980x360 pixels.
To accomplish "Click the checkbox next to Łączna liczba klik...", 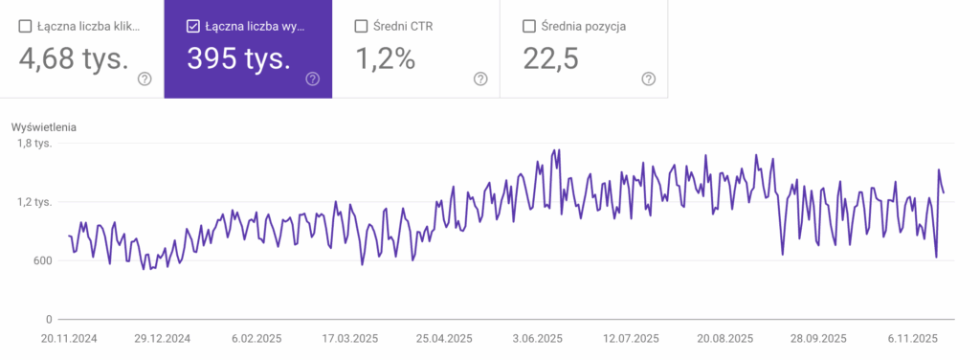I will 26,27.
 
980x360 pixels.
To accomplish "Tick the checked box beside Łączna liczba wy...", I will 193,27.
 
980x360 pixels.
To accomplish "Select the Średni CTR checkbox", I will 362,27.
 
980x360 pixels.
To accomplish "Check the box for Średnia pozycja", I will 529,27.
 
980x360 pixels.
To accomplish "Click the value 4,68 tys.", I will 74,59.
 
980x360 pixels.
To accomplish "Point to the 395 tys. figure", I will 239,59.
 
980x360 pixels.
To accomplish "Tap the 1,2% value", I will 386,59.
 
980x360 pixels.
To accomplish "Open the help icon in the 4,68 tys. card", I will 145,79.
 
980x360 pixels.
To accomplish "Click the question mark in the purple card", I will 312,79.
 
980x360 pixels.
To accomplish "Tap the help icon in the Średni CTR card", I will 480,79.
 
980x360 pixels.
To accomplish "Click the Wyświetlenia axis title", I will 44,126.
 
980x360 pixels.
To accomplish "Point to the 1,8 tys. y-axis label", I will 33,144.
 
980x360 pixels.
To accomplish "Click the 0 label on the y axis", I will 48,319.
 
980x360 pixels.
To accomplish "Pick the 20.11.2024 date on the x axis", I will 70,339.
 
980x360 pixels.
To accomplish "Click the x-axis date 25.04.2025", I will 445,339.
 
